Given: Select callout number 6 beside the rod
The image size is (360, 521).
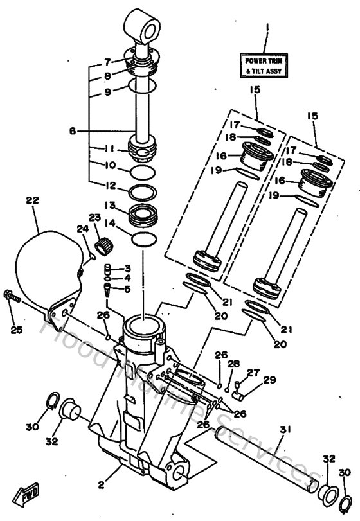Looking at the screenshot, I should click(x=73, y=130).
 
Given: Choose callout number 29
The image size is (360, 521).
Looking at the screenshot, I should click(x=269, y=380).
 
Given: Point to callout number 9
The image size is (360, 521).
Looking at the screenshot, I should click(x=108, y=91).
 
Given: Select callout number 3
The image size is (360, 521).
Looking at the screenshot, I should click(x=128, y=268).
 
